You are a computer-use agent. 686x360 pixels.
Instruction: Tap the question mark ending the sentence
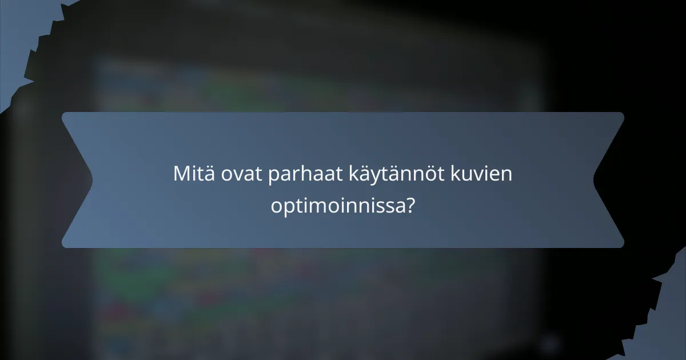pyautogui.click(x=409, y=205)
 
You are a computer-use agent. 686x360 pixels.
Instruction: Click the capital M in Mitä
pyautogui.click(x=181, y=174)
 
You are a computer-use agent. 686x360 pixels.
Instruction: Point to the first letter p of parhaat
pyautogui.click(x=273, y=176)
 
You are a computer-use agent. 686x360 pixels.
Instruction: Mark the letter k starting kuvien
pyautogui.click(x=463, y=174)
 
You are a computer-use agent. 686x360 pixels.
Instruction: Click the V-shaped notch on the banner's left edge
pyautogui.click(x=91, y=179)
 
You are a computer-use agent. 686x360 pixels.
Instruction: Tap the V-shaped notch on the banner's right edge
pyautogui.click(x=595, y=179)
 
